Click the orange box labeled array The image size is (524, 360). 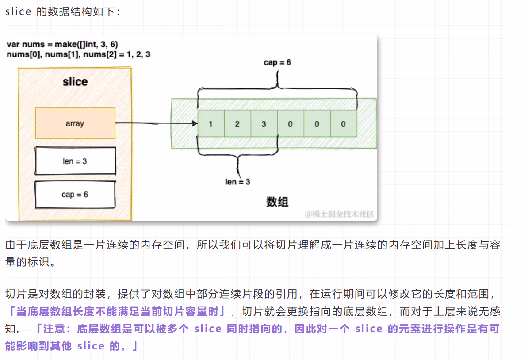75,123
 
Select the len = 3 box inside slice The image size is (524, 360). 75,161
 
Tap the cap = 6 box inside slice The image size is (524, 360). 75,195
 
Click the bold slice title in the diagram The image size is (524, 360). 75,82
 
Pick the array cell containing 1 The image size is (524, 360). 211,124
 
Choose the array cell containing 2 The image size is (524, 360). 237,124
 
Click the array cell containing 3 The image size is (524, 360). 264,124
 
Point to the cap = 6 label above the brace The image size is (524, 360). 277,62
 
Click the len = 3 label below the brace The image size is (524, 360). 237,182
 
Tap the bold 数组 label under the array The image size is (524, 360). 277,202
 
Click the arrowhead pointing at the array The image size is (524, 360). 195,123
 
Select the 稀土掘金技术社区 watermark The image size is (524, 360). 340,215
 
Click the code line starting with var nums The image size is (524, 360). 62,45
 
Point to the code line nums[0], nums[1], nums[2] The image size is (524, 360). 78,54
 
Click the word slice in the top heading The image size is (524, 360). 18,12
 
